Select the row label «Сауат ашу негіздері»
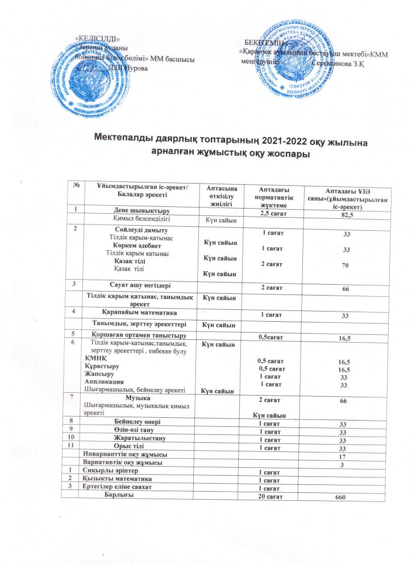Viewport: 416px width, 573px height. (139, 284)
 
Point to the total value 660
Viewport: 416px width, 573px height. (340, 498)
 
